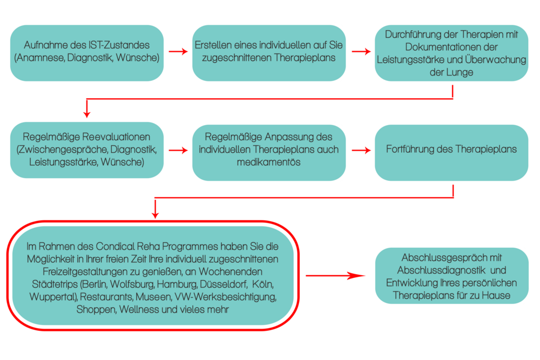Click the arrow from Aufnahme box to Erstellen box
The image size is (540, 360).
pos(178,52)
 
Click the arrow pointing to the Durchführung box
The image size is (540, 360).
pos(361,52)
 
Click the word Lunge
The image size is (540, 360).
pos(460,72)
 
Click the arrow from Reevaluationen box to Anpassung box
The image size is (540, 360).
pos(178,151)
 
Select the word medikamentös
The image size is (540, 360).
pos(268,162)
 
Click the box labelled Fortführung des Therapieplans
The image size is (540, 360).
pos(451,152)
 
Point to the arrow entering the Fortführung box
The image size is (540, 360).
pos(361,151)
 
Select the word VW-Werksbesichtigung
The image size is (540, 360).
pos(225,297)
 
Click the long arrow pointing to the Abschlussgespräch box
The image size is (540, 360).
pos(335,276)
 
